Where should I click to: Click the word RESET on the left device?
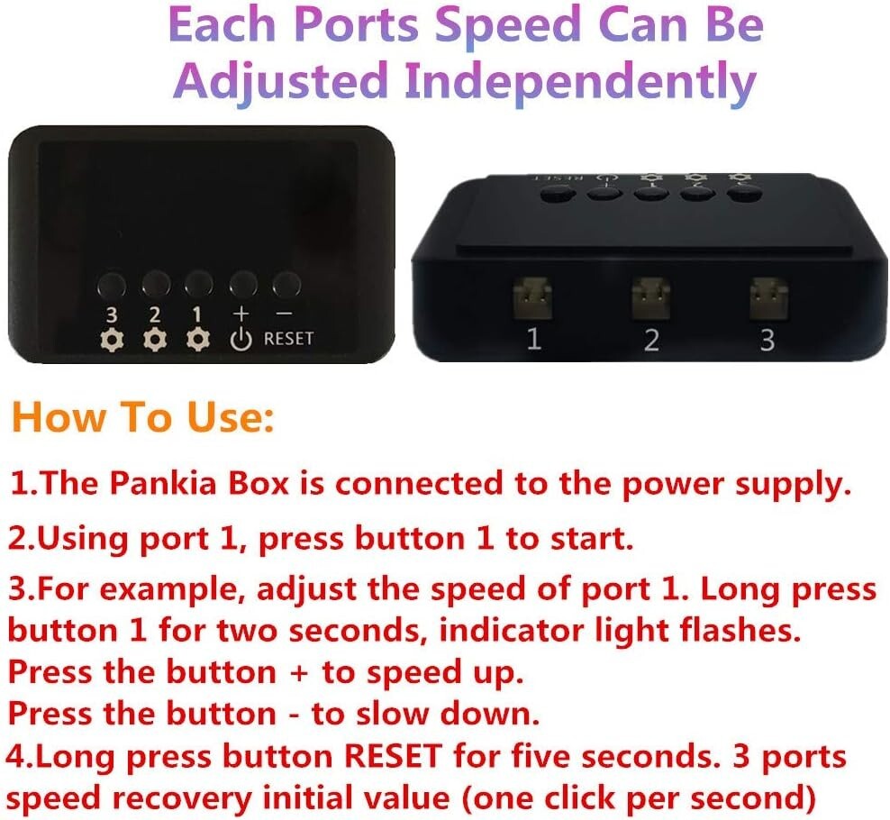[x=288, y=339]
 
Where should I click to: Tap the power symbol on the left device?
[x=241, y=339]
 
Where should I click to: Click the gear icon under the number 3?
[x=112, y=340]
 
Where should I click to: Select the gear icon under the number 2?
[x=154, y=339]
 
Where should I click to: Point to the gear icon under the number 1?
[x=197, y=339]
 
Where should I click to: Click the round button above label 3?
[x=112, y=285]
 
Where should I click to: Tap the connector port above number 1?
[x=532, y=298]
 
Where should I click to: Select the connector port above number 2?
[x=651, y=298]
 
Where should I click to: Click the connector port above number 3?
[x=768, y=298]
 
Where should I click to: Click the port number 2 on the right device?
[x=651, y=340]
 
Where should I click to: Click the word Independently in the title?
[x=580, y=80]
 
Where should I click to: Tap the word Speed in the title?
[x=509, y=25]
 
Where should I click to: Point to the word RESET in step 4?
[x=393, y=756]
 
